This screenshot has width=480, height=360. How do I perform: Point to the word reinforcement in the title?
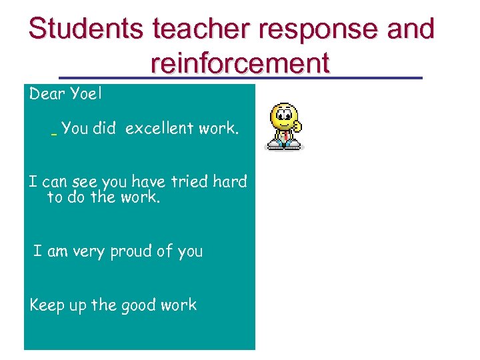[x=240, y=63]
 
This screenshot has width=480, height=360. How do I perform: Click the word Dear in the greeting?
[x=46, y=93]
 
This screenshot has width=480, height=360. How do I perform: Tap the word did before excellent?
[x=104, y=128]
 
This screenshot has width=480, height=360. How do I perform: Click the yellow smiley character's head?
[x=283, y=118]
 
